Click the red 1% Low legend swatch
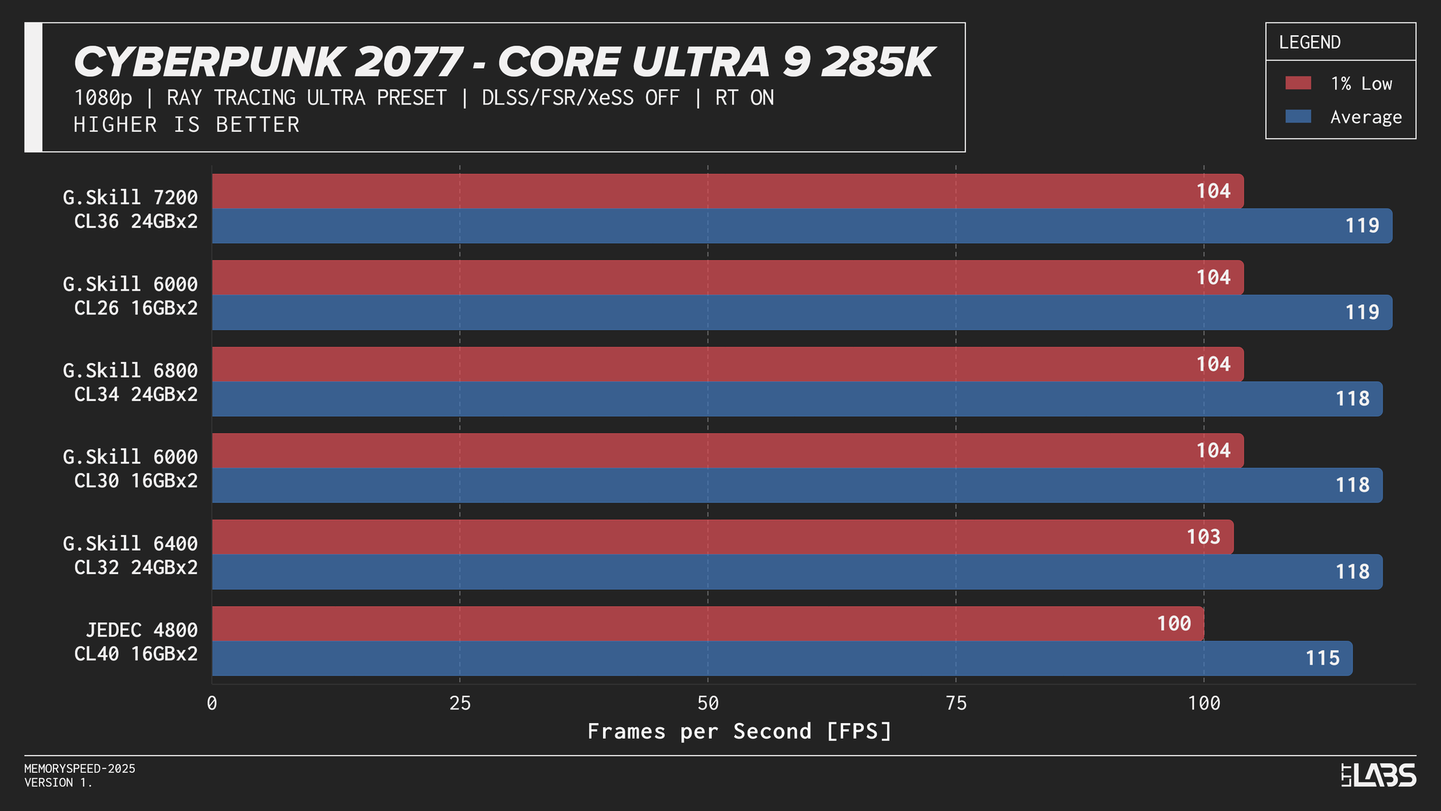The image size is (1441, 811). (1298, 83)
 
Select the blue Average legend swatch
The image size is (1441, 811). (1298, 117)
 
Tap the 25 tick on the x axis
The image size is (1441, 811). (460, 704)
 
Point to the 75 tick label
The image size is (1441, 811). (955, 704)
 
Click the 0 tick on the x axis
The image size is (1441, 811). (212, 704)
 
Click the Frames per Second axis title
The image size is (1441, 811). (739, 732)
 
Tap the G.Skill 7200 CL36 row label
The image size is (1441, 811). (130, 209)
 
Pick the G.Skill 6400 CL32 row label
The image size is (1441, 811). (130, 555)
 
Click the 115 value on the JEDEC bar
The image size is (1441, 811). (1322, 658)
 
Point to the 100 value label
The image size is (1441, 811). (1174, 624)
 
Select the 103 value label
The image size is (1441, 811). (1203, 537)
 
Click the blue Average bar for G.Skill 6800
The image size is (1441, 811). (720, 399)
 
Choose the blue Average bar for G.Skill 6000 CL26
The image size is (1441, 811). (720, 312)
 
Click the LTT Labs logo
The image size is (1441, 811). (1378, 775)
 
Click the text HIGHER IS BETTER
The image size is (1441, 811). (187, 125)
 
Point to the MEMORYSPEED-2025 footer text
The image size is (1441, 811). (79, 768)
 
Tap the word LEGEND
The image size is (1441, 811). (1309, 43)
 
